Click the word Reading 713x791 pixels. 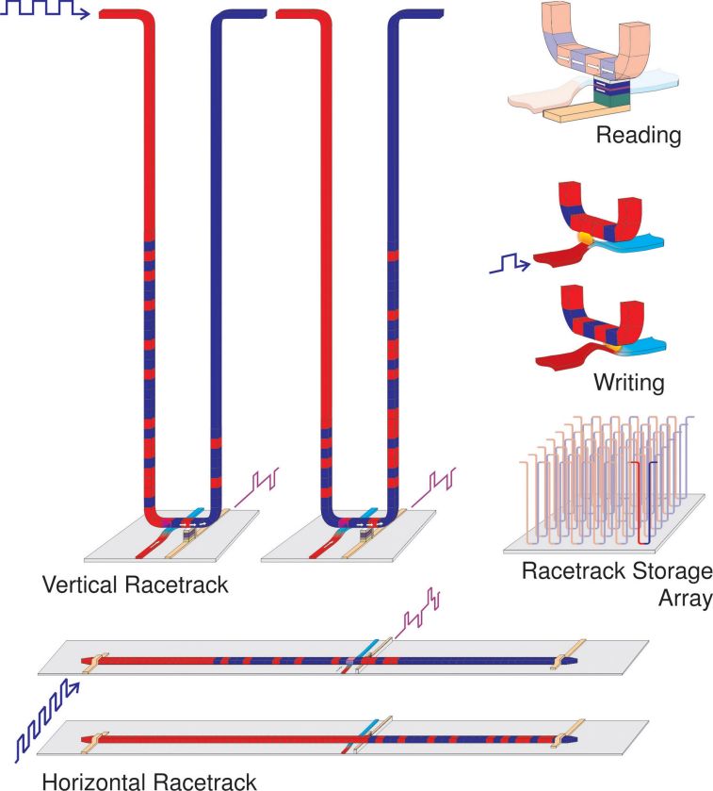[x=638, y=136]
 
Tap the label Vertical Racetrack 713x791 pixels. [x=136, y=585]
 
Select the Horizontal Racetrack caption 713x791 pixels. [x=149, y=780]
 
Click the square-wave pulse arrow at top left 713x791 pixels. [x=45, y=11]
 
